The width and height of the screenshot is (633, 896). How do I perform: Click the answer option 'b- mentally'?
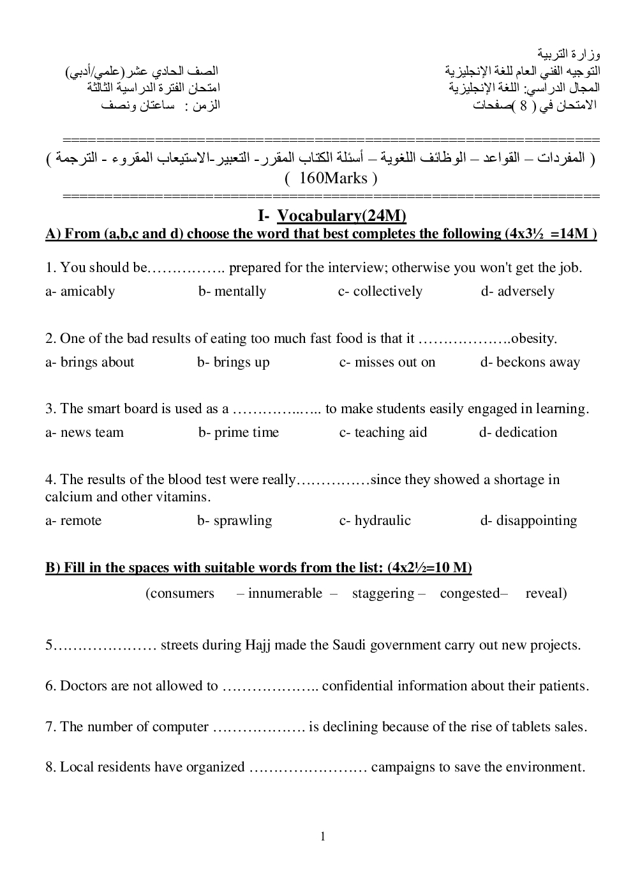[232, 291]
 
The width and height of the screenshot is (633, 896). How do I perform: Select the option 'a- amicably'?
[80, 291]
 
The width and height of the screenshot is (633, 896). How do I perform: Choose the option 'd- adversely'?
[518, 291]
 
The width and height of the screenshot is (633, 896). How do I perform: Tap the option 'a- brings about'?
[89, 362]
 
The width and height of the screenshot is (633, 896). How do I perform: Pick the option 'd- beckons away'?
[530, 362]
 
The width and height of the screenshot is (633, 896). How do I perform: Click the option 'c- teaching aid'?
[383, 432]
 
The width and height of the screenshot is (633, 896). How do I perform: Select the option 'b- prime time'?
[238, 432]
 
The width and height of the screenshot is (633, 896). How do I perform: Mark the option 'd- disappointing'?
[528, 520]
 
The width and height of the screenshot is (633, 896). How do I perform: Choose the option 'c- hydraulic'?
[375, 520]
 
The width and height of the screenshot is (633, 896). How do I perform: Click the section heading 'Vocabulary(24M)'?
[342, 216]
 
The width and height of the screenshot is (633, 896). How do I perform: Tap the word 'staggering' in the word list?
[383, 593]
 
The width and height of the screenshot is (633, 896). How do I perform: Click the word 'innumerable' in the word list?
[285, 593]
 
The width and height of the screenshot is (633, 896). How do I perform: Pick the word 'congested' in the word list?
[470, 593]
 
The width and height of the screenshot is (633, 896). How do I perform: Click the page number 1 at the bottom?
[323, 837]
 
